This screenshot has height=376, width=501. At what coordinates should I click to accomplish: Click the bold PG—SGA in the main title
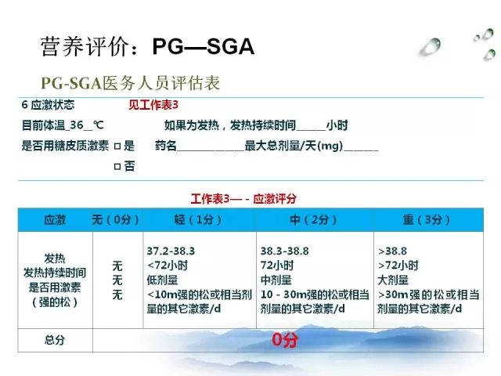(204, 47)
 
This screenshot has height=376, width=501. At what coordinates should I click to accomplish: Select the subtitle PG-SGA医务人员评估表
(131, 83)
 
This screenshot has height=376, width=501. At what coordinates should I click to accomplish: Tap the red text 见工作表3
(153, 105)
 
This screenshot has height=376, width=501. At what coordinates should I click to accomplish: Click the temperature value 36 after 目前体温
(77, 125)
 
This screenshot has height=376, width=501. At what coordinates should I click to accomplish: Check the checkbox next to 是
(117, 146)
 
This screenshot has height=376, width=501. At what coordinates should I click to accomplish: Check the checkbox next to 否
(117, 167)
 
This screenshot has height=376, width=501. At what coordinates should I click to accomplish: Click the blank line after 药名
(211, 150)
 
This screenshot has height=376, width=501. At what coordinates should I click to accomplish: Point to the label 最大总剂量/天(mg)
(294, 146)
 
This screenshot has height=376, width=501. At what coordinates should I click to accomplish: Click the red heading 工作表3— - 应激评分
(243, 199)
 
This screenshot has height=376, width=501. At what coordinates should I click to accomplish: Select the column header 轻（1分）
(198, 219)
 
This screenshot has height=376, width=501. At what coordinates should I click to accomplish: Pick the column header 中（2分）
(313, 219)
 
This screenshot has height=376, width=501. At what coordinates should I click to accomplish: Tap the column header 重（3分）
(427, 219)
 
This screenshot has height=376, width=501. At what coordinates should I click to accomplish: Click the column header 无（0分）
(115, 219)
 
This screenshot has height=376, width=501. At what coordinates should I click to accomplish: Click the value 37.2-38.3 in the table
(171, 251)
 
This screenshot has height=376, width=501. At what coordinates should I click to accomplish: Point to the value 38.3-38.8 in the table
(285, 251)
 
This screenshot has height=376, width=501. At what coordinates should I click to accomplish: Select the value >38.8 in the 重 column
(392, 251)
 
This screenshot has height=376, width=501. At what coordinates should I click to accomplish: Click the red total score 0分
(285, 339)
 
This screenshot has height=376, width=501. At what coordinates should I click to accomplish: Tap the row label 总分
(55, 340)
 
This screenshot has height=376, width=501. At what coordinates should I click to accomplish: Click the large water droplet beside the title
(431, 47)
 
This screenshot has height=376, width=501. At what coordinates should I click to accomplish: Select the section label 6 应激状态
(48, 105)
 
